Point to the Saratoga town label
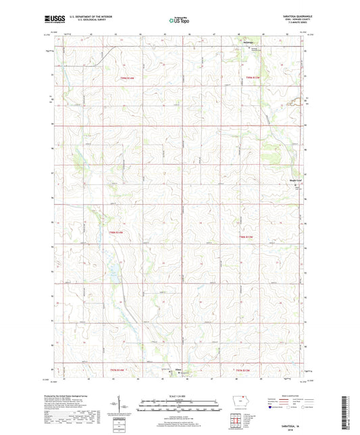click(x=248, y=46)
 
